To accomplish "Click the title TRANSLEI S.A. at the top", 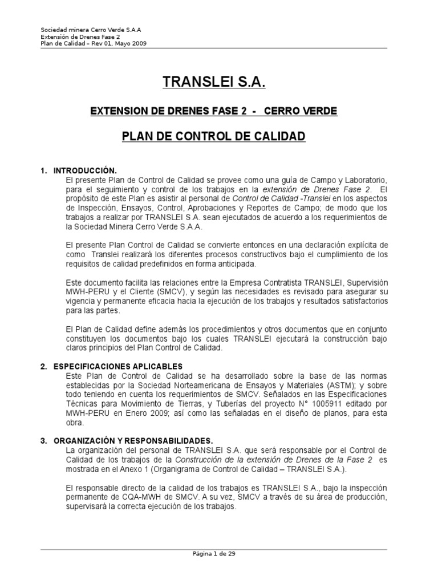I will click(x=214, y=83).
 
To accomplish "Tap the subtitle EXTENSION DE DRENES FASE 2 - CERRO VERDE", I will click(x=214, y=111).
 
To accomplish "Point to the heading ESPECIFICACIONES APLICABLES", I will click(x=118, y=366).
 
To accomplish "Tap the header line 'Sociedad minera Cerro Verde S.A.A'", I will click(x=91, y=30).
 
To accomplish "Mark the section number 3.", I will click(x=43, y=440).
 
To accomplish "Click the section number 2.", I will click(x=43, y=366).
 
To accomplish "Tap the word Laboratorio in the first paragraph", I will click(x=366, y=179).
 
